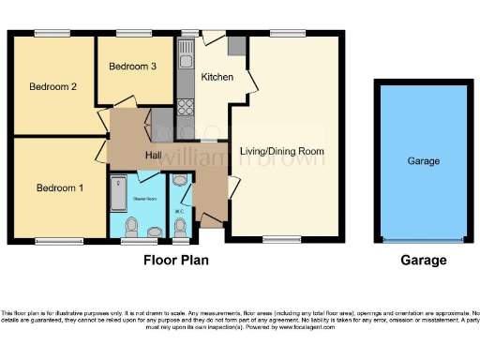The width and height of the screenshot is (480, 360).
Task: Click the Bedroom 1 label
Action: coord(60,188)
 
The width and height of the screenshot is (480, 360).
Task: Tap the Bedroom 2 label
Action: coord(52,87)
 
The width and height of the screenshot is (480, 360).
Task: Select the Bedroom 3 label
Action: coord(132,67)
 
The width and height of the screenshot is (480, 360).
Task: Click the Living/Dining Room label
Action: coord(281,151)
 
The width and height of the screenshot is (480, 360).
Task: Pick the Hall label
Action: coord(155,155)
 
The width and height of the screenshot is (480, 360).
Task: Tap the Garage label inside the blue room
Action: coord(423,161)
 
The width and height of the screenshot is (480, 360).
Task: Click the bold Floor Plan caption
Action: coord(176,260)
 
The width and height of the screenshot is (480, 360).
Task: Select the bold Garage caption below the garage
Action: coord(423,260)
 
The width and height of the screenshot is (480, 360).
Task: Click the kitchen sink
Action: coord(186,49)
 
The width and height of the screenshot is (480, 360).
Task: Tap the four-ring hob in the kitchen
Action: coord(185,104)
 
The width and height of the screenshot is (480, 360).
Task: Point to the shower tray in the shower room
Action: coord(119,194)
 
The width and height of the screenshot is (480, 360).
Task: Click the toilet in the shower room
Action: coord(133,226)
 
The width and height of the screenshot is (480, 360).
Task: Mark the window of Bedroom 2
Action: coord(52,35)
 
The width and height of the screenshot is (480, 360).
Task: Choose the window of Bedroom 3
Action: coord(130,35)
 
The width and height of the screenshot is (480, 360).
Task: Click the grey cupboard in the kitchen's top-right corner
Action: coord(235,45)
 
